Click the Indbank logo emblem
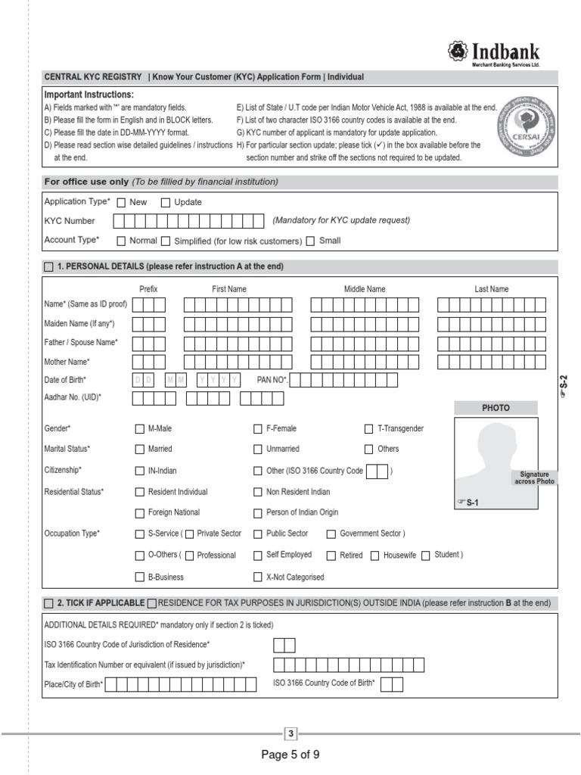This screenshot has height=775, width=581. (x=458, y=51)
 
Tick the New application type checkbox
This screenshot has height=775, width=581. (x=121, y=202)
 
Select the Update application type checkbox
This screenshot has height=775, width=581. (x=166, y=202)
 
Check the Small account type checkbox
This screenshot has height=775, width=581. (x=310, y=241)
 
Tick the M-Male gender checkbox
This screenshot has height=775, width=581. (x=139, y=428)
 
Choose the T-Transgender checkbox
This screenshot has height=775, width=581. (x=369, y=428)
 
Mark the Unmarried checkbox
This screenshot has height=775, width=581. (x=258, y=449)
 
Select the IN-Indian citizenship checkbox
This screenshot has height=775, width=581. (x=139, y=471)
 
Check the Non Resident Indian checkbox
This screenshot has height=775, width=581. (x=258, y=492)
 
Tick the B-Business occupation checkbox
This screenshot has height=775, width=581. (x=139, y=577)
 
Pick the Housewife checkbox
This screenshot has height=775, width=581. (x=375, y=556)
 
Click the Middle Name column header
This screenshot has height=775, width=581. (x=365, y=289)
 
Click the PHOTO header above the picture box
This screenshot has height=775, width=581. (x=496, y=408)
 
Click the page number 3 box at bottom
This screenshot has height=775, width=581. (x=290, y=733)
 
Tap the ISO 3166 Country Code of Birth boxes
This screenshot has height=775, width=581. (x=392, y=685)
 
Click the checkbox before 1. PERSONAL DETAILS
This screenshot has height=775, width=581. (x=49, y=266)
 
